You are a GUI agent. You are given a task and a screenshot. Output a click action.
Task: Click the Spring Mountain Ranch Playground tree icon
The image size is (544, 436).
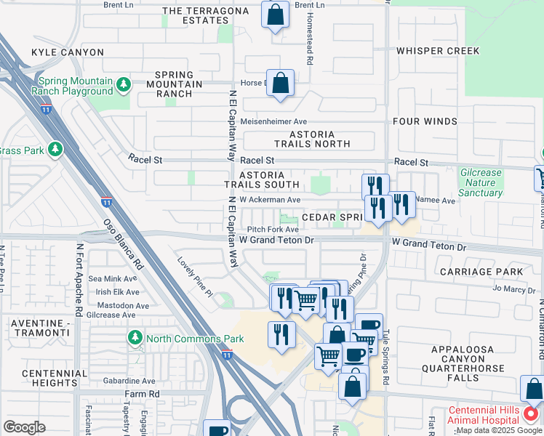pos(124,86)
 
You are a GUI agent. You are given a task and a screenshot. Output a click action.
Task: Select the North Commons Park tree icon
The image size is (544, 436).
pos(135,338)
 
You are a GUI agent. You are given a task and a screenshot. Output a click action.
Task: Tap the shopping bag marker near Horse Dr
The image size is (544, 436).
pos(280,84)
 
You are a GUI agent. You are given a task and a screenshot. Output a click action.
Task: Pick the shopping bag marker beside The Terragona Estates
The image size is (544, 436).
pos(275,16)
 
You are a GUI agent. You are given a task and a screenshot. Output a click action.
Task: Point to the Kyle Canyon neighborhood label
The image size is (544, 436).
pos(68,52)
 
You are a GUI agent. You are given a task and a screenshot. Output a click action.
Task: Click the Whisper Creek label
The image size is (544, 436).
pos(438,51)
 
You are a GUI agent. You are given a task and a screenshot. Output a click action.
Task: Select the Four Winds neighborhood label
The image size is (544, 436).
pos(424,121)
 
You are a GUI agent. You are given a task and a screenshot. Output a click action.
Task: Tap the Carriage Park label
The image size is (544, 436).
pos(481,272)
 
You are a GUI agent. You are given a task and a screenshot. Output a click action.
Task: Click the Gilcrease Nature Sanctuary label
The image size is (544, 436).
pos(481,182)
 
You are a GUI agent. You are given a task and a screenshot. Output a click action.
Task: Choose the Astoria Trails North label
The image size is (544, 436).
pos(312,139)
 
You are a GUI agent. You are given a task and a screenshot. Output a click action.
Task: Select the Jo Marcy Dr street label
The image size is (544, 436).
pos(513,288)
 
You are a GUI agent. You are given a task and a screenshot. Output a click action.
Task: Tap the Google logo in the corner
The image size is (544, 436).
pos(24,427)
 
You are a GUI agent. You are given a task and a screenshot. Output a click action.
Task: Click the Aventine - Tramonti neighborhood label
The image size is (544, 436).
pos(44,326)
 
